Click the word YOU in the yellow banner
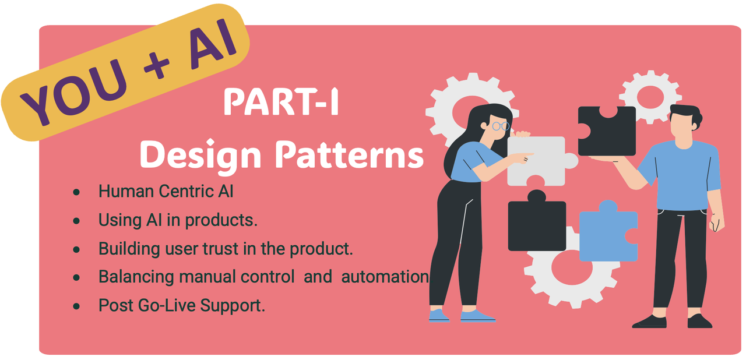click(x=74, y=92)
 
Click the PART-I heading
click(x=281, y=102)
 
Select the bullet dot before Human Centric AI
click(x=76, y=192)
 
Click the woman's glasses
click(x=501, y=126)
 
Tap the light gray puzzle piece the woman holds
click(x=538, y=161)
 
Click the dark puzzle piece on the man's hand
click(x=607, y=130)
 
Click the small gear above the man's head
click(x=650, y=97)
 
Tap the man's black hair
click(x=686, y=115)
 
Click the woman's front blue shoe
click(x=477, y=316)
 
